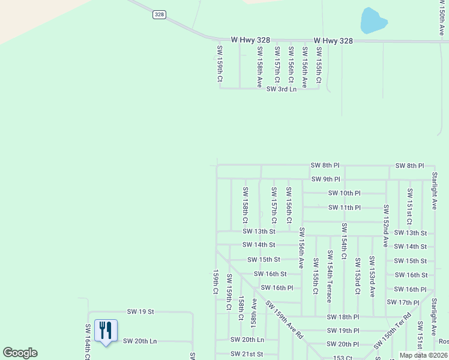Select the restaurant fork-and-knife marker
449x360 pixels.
coord(106,331)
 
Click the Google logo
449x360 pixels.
coord(20,353)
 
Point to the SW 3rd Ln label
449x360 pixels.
coord(282,89)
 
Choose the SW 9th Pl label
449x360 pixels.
coord(325,179)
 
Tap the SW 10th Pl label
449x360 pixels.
coord(344,193)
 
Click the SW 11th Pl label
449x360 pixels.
coord(344,208)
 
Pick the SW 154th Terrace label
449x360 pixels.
coord(330,277)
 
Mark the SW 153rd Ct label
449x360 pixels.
coord(358,276)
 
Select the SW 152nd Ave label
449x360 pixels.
coord(386,226)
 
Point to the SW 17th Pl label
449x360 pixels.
coord(403,302)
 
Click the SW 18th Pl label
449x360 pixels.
coord(343,317)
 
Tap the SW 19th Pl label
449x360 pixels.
coord(342,331)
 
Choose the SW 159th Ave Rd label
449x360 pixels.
coord(285,320)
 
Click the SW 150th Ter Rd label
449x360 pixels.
coord(392,331)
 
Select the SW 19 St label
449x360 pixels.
coord(140,311)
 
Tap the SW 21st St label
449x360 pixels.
coord(247,354)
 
